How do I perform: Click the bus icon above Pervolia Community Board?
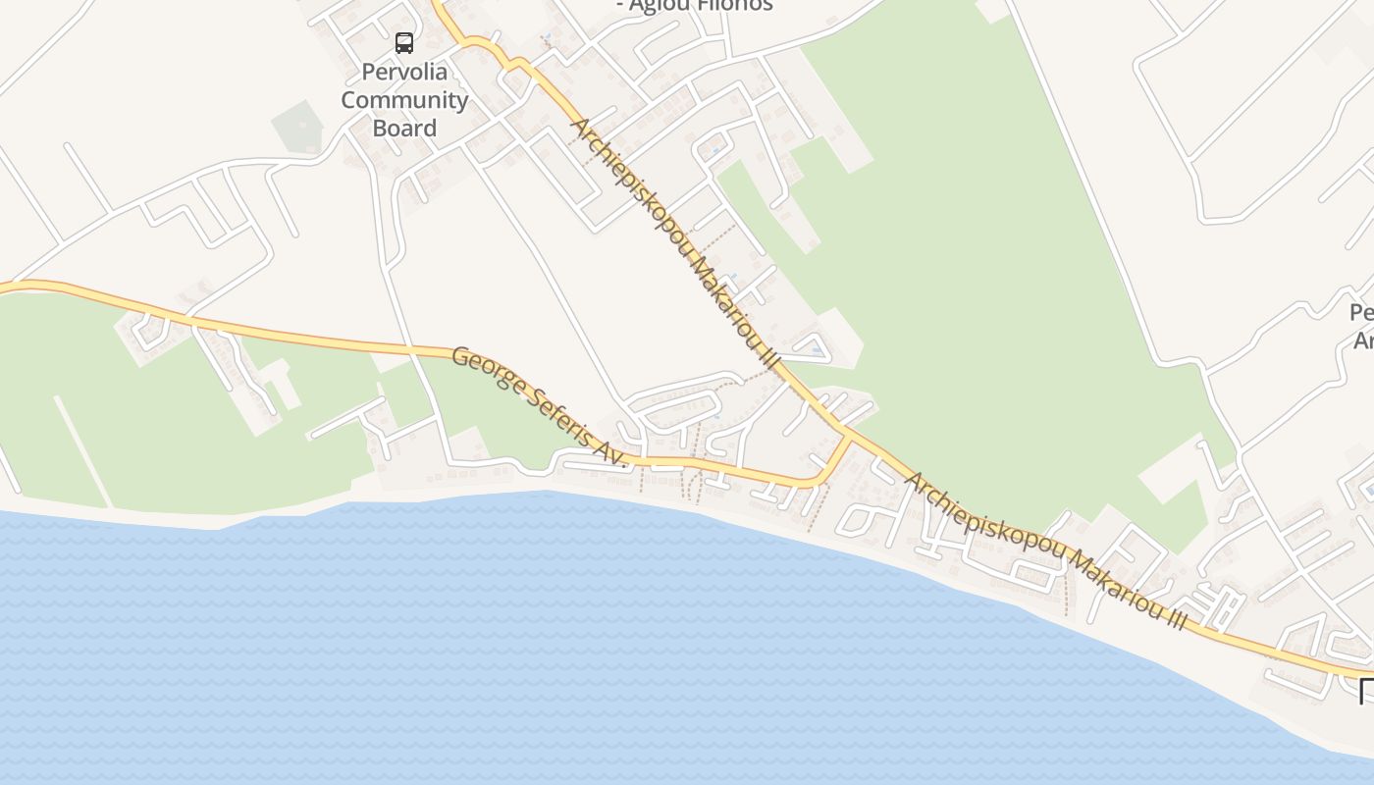(x=404, y=42)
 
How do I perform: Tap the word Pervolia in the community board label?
(x=404, y=72)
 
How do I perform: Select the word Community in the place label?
(x=404, y=99)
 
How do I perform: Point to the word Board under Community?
(x=404, y=128)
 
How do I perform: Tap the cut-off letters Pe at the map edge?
(x=1362, y=313)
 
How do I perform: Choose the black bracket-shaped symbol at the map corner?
(x=1366, y=690)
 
